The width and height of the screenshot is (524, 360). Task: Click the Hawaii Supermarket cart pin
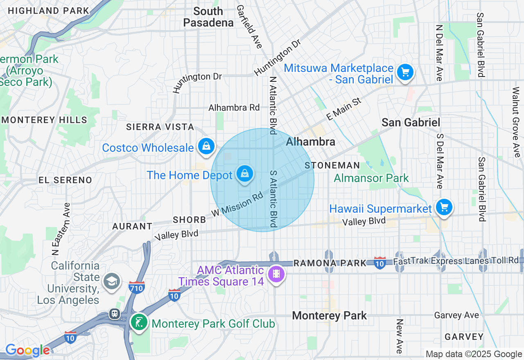tap(444, 207)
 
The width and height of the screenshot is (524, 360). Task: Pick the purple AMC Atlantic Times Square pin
tap(276, 274)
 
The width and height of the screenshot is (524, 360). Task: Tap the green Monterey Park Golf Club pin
tap(139, 322)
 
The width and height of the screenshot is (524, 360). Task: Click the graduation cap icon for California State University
tap(112, 281)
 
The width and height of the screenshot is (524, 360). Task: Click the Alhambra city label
tap(311, 142)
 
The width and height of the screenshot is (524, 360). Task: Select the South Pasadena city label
tap(208, 17)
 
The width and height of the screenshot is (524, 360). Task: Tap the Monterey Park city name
tap(330, 316)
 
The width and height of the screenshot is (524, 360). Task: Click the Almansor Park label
tap(371, 178)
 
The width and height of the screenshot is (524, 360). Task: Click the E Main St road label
tap(344, 109)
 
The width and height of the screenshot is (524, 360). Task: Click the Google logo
tap(27, 351)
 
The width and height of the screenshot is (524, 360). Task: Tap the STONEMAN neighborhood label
tap(332, 166)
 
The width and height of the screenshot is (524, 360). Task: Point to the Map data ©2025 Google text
tap(474, 354)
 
